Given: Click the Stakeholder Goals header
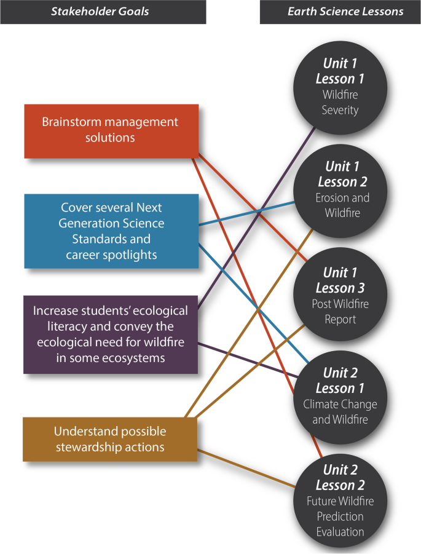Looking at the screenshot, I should coord(103,12).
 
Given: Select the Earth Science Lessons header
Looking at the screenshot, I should coord(340,12).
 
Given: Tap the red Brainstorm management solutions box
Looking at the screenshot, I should coord(111,130).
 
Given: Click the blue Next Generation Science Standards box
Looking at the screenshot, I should coord(111,231).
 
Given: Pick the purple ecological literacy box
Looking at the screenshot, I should coord(111,334).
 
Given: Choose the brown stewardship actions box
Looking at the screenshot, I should coord(110,439).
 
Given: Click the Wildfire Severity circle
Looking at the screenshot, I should coord(340,87).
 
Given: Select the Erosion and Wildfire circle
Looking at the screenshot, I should coord(340,190).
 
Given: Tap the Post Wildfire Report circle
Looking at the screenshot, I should coord(340,296).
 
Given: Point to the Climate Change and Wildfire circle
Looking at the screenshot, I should coord(340,396).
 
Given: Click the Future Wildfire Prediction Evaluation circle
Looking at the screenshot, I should coord(340,501).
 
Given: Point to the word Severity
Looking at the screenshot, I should coord(340,111).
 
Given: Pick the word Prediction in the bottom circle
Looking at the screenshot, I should coord(340,516).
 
